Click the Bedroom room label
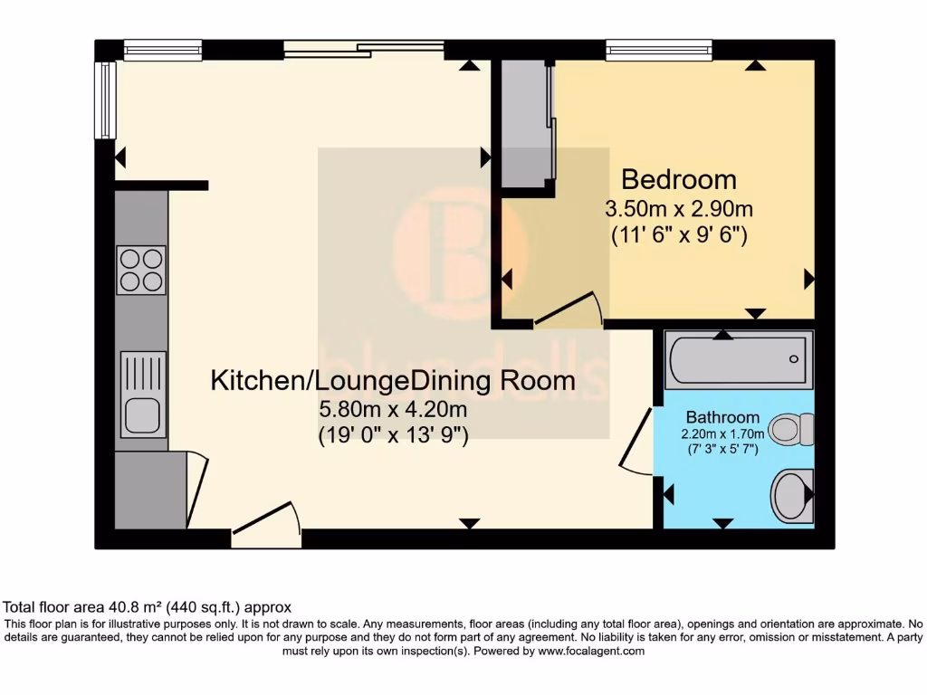(678, 178)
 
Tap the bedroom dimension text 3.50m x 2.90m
(679, 208)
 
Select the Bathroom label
(722, 417)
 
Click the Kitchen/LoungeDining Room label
(393, 380)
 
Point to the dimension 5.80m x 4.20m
(393, 410)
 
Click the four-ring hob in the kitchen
(141, 271)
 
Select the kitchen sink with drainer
(143, 395)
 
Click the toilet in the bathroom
(793, 428)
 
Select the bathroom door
(637, 441)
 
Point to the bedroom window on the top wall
(646, 50)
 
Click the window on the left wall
(108, 100)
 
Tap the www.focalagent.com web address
(591, 651)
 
